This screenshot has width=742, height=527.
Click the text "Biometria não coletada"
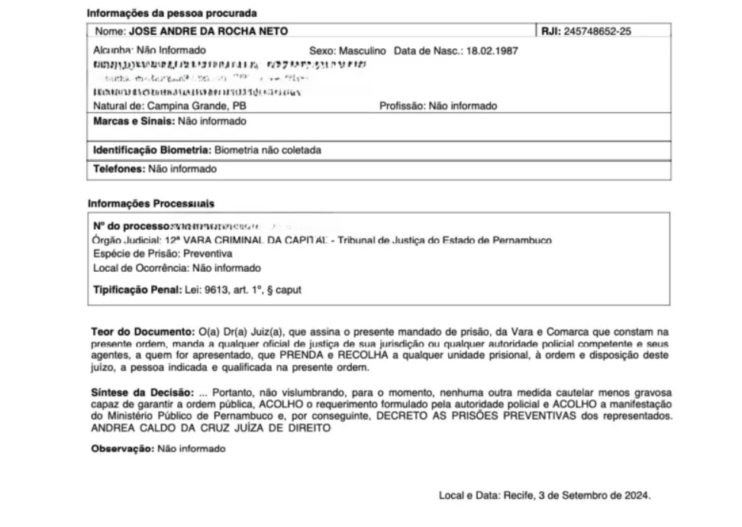tap(267, 150)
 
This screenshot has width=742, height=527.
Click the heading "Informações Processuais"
tap(150, 204)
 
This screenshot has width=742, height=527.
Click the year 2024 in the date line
tap(639, 495)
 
